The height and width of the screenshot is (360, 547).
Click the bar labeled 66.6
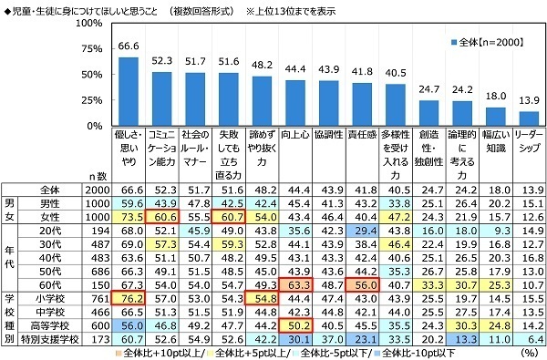pos(129,87)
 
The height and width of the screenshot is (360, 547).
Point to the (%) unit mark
pos(525,351)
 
